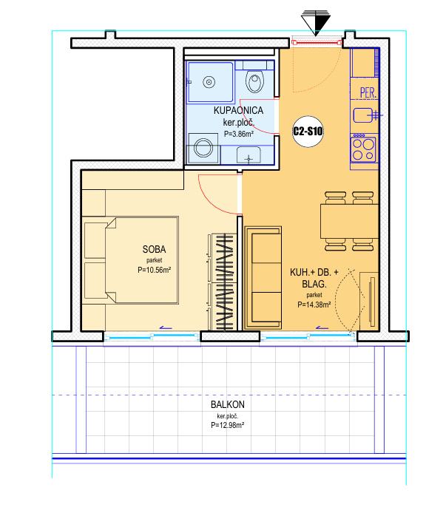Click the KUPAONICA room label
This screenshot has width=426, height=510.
pyautogui.click(x=238, y=110)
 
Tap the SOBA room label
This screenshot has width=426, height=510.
pyautogui.click(x=154, y=249)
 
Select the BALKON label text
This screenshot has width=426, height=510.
pyautogui.click(x=228, y=404)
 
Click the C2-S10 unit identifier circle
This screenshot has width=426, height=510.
pyautogui.click(x=308, y=132)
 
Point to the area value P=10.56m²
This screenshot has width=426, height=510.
pyautogui.click(x=155, y=270)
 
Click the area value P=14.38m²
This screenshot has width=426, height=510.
pyautogui.click(x=314, y=305)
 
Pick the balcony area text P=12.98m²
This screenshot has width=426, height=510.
pyautogui.click(x=228, y=425)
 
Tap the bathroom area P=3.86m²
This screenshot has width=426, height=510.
pyautogui.click(x=239, y=133)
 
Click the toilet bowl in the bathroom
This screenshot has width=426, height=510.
pyautogui.click(x=254, y=81)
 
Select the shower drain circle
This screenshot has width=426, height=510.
pyautogui.click(x=209, y=82)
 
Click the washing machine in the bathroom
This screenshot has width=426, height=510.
pyautogui.click(x=203, y=148)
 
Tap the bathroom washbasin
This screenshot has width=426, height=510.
pyautogui.click(x=248, y=155)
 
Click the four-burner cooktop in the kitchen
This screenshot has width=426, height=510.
pyautogui.click(x=364, y=149)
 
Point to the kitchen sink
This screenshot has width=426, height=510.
pyautogui.click(x=364, y=115)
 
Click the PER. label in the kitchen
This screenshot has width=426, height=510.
pyautogui.click(x=368, y=92)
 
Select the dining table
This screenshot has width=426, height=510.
pyautogui.click(x=349, y=221)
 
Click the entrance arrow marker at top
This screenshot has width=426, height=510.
pyautogui.click(x=315, y=22)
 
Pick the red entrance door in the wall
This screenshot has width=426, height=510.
pyautogui.click(x=316, y=42)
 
